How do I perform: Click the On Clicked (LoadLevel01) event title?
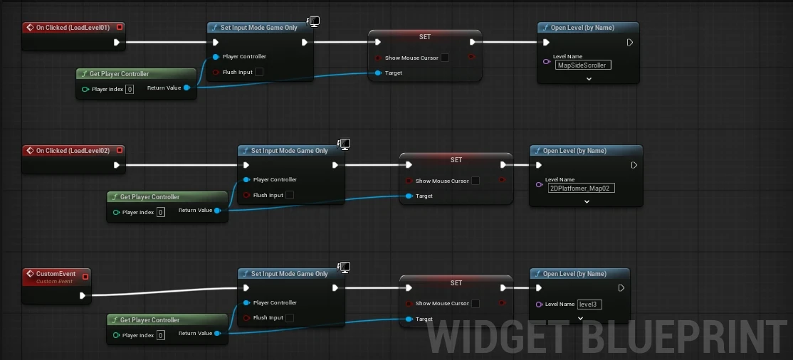[x=70, y=28]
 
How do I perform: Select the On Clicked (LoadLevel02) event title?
[x=70, y=151]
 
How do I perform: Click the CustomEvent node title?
[x=56, y=274]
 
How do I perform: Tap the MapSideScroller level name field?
[x=583, y=65]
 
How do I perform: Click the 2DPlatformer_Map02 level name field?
[x=582, y=189]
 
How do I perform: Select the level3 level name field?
[x=589, y=304]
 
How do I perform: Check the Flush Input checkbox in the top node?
[x=259, y=72]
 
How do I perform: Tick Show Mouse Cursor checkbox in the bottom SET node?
[x=476, y=304]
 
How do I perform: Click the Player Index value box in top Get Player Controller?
[x=130, y=89]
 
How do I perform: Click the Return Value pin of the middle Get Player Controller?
[x=217, y=211]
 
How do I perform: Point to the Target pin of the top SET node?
[x=379, y=73]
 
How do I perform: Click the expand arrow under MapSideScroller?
[x=589, y=79]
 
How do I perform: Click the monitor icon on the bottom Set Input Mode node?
[x=344, y=267]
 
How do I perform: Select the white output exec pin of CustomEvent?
[x=83, y=295]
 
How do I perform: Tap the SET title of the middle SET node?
[x=456, y=160]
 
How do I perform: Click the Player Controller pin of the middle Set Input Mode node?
[x=246, y=179]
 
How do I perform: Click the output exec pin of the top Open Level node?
[x=629, y=43]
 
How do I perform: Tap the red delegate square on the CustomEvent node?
[x=85, y=277]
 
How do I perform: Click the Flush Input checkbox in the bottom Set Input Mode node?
[x=290, y=318]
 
